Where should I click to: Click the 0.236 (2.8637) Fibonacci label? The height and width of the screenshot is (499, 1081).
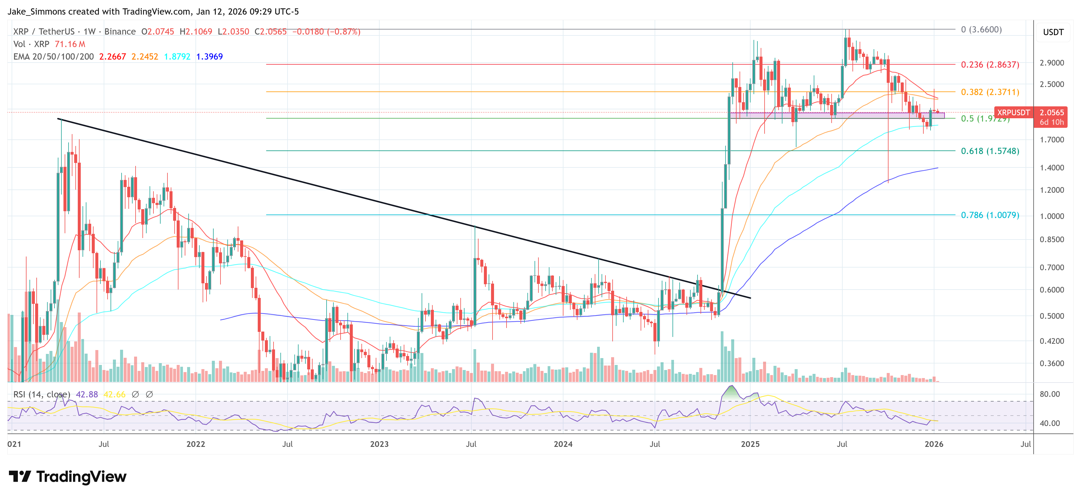(x=990, y=65)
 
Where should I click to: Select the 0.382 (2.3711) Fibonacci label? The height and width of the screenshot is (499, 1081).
(x=990, y=92)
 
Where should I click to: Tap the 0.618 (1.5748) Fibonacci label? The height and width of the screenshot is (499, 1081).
(x=990, y=151)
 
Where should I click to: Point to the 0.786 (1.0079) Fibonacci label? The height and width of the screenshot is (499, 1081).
(x=990, y=215)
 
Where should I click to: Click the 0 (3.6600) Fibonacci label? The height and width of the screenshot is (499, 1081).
(x=981, y=29)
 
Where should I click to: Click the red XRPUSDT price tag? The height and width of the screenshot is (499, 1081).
(x=1013, y=113)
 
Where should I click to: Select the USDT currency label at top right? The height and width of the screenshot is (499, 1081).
(x=1053, y=32)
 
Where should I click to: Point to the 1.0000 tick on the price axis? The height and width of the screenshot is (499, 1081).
(x=1052, y=216)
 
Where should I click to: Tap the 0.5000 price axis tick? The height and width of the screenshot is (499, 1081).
(x=1052, y=316)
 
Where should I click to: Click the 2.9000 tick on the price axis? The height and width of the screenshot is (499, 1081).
(x=1052, y=63)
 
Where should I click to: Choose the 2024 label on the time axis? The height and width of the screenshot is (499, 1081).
(x=563, y=444)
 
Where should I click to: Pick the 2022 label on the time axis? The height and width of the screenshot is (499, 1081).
(x=195, y=444)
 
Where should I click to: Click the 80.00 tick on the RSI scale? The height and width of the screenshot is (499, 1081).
(x=1049, y=394)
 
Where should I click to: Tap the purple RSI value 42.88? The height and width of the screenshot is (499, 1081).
(x=87, y=394)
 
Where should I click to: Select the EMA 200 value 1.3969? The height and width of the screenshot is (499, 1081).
(x=209, y=57)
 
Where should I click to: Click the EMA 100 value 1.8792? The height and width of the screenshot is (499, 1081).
(x=177, y=57)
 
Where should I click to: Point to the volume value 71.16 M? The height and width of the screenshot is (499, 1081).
(x=70, y=44)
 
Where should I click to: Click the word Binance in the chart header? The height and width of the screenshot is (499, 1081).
(x=120, y=32)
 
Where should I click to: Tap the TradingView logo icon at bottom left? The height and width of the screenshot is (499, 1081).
(x=20, y=476)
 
